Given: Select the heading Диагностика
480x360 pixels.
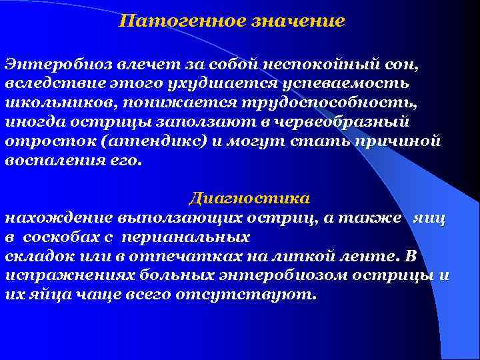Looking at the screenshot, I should click(x=249, y=199).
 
